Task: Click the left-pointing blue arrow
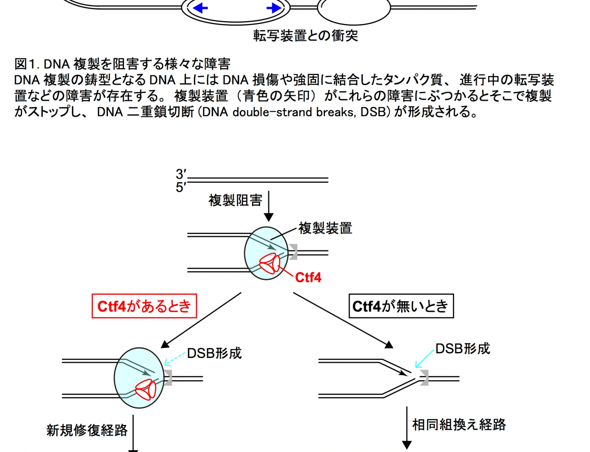click(x=200, y=8)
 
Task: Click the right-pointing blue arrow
click(x=274, y=8)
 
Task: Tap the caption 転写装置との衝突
click(x=306, y=36)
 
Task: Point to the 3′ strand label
click(x=181, y=174)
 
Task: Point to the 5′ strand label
click(x=181, y=187)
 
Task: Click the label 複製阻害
click(x=235, y=201)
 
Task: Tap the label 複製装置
click(x=325, y=228)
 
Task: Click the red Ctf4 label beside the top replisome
click(x=308, y=277)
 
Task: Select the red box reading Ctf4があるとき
click(x=144, y=306)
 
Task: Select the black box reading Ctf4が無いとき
click(x=401, y=306)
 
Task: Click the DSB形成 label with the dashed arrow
click(x=214, y=353)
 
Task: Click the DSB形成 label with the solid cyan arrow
click(x=463, y=349)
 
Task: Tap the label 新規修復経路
click(x=87, y=430)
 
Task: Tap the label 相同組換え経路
click(x=459, y=425)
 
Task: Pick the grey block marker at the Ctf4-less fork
click(x=424, y=378)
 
